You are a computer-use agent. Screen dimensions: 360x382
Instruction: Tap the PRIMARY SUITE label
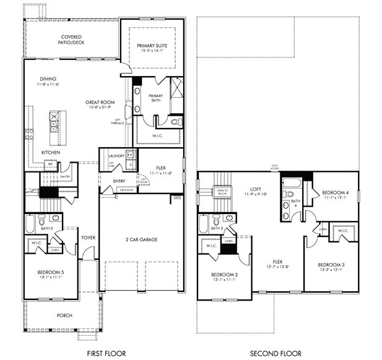tap(152, 45)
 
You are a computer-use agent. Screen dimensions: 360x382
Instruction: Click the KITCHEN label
tap(50, 152)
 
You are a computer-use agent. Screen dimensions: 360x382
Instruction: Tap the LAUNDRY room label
tap(116, 156)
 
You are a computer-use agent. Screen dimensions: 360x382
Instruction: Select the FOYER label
tap(89, 236)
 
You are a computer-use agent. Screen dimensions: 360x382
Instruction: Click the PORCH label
tap(64, 315)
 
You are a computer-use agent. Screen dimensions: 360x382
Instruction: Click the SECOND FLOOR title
tap(276, 354)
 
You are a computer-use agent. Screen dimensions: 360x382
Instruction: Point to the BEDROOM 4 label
tap(336, 193)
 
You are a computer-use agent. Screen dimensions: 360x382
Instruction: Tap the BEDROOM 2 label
tap(224, 275)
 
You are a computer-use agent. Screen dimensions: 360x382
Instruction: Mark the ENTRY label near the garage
tap(119, 181)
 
